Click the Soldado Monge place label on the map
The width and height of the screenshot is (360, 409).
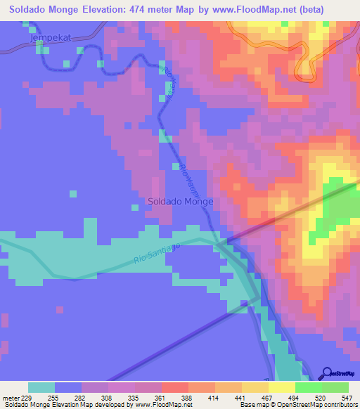(x=181, y=201)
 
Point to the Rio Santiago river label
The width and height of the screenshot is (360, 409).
(x=157, y=254)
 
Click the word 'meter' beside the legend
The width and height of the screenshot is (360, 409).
(x=11, y=398)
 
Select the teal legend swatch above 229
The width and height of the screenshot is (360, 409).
(x=41, y=387)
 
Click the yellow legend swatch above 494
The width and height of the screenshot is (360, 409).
(x=281, y=387)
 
